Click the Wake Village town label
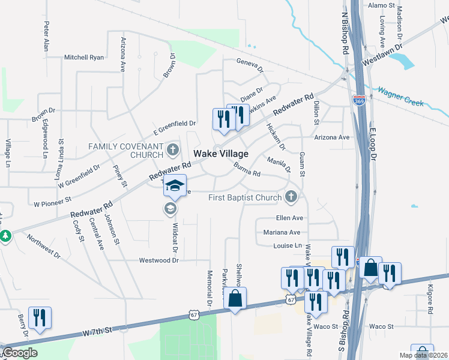(221, 154)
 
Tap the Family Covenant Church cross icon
(173, 149)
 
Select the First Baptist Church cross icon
(291, 196)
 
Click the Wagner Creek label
(400, 98)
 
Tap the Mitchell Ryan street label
(84, 58)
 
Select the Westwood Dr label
(159, 260)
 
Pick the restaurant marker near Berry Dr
(40, 317)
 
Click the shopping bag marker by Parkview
(235, 298)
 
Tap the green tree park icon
(5, 236)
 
